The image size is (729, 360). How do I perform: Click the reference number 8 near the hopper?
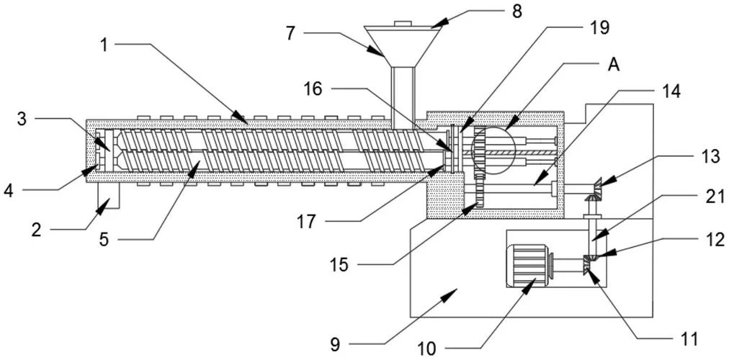click(x=516, y=11)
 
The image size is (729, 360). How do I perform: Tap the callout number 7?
click(x=291, y=33)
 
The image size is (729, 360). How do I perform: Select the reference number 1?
click(x=104, y=45)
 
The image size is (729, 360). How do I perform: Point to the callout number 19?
click(x=599, y=28)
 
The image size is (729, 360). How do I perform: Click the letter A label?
click(x=614, y=65)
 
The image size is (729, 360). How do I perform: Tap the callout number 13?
click(x=710, y=157)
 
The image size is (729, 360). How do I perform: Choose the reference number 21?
click(x=715, y=197)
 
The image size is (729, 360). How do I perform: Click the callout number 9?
click(x=336, y=344)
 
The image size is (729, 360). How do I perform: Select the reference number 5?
click(x=104, y=240)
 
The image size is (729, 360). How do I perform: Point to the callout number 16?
click(x=313, y=89)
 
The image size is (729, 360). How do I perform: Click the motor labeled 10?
click(x=529, y=266)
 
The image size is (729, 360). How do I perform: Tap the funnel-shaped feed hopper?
click(x=403, y=47)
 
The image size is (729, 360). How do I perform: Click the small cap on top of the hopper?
click(x=403, y=23)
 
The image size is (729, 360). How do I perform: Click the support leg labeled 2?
click(x=108, y=195)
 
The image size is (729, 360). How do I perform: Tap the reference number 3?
click(x=22, y=119)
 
